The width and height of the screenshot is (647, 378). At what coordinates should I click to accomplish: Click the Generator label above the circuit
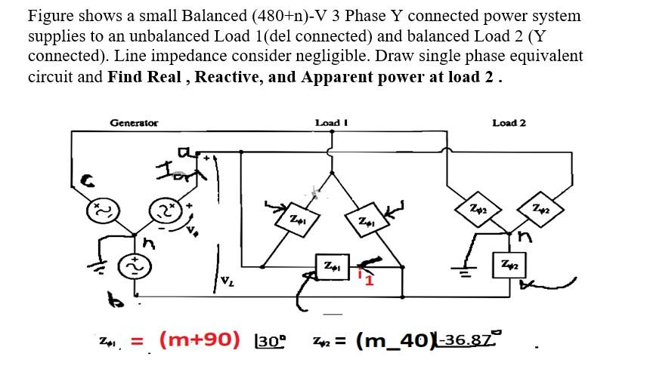click(134, 123)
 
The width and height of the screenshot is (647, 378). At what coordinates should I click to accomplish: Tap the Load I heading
click(330, 123)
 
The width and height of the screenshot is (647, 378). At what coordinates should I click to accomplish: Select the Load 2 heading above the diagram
click(509, 123)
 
